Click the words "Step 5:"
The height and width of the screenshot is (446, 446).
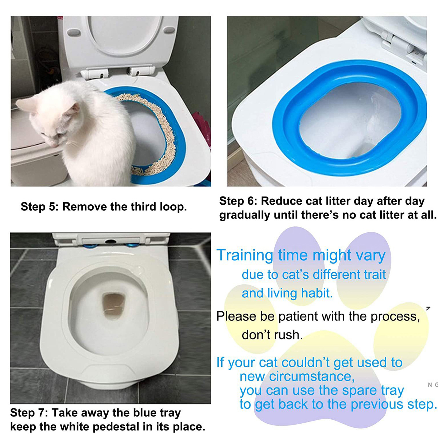pyautogui.click(x=40, y=207)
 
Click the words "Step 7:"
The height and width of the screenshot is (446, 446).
pyautogui.click(x=29, y=413)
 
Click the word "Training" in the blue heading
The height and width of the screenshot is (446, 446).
pyautogui.click(x=245, y=255)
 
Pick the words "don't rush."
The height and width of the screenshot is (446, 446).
pyautogui.click(x=272, y=335)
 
